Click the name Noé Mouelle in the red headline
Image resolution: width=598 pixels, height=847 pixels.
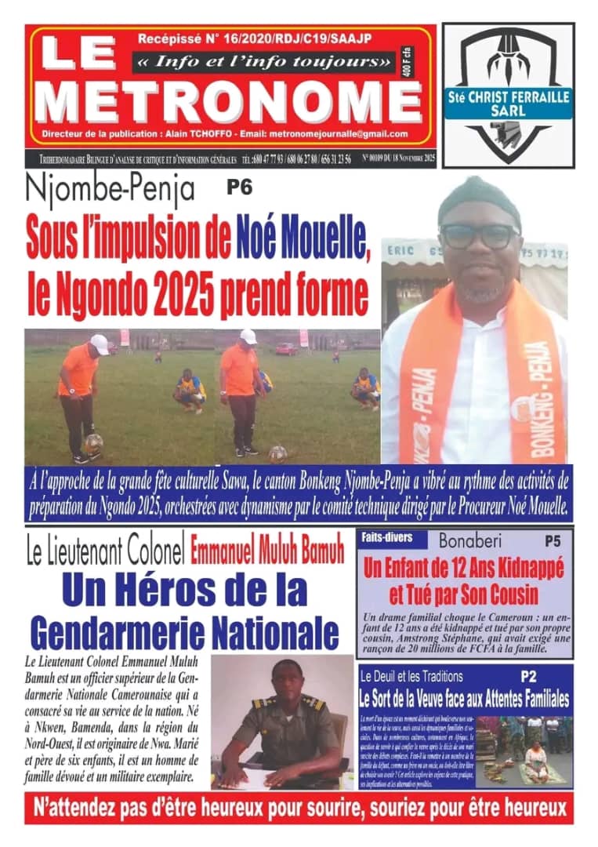303,238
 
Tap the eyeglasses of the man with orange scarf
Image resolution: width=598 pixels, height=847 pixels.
478,235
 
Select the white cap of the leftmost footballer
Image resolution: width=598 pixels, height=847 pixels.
99,343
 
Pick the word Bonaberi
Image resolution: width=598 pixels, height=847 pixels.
470,541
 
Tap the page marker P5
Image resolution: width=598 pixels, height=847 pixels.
553,541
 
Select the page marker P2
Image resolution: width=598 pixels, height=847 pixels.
530,674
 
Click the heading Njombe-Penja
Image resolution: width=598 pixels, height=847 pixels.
110,191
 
